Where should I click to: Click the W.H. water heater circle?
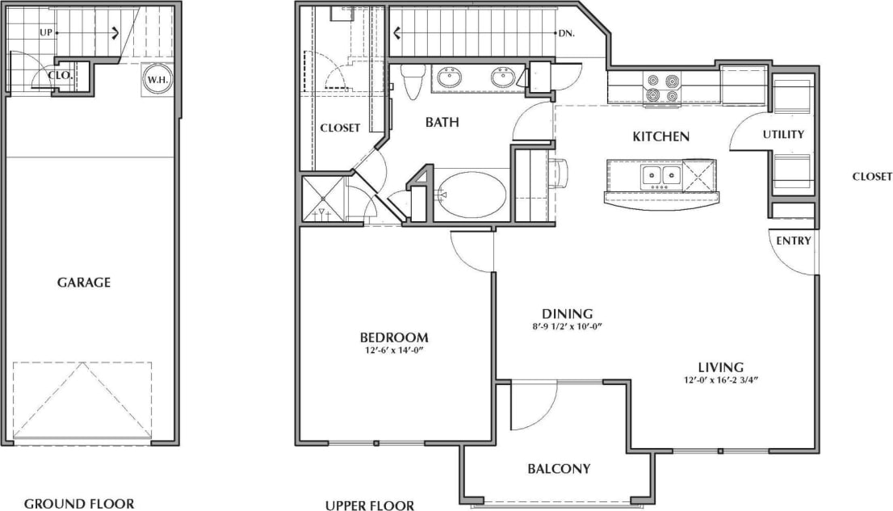point(155,80)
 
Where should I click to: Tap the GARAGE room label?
point(84,283)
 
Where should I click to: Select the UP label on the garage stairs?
point(47,32)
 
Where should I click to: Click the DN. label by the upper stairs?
point(565,34)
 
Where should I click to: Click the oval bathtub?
point(471,193)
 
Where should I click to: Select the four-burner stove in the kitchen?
point(662,88)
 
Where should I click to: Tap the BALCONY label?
point(559,468)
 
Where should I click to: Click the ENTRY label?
point(794,241)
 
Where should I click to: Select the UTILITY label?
point(783,134)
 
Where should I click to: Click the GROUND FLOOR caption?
point(78,504)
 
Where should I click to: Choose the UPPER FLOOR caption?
point(369,506)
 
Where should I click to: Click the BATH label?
point(442,123)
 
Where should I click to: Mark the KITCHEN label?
point(660,136)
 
